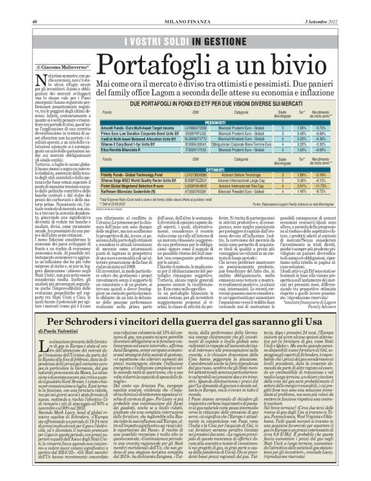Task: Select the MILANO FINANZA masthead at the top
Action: point(185,6)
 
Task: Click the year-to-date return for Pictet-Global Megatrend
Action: point(329,186)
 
